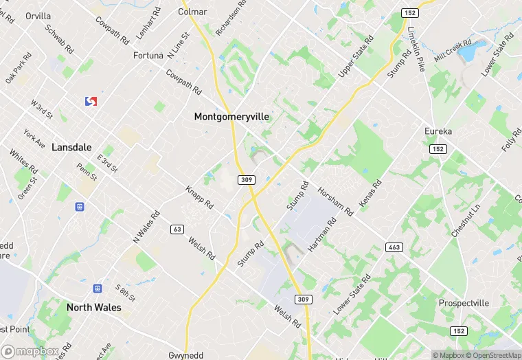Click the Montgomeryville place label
pyautogui.click(x=231, y=117)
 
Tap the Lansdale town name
pyautogui.click(x=71, y=147)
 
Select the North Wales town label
pyautogui.click(x=94, y=307)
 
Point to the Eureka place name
pyautogui.click(x=438, y=131)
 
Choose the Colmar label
pyautogui.click(x=192, y=12)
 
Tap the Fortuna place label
pyautogui.click(x=148, y=55)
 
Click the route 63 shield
pyautogui.click(x=178, y=229)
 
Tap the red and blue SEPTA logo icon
pyautogui.click(x=91, y=101)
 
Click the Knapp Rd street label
pyautogui.click(x=200, y=197)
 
